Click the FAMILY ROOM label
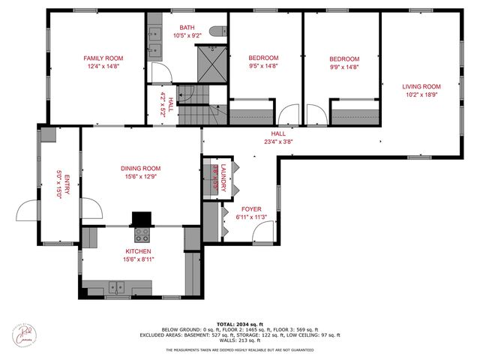click(x=103, y=58)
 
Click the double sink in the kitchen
click(x=116, y=286)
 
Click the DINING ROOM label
click(x=141, y=168)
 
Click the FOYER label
click(x=250, y=209)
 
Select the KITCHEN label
click(x=138, y=251)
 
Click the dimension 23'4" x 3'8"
click(x=277, y=141)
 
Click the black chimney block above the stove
click(x=140, y=218)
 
